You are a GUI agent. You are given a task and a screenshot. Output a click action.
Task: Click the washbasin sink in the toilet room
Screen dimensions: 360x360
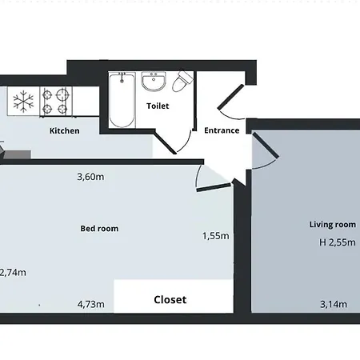[x=153, y=82]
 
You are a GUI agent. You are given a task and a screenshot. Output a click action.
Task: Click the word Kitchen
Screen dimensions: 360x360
[x=65, y=130]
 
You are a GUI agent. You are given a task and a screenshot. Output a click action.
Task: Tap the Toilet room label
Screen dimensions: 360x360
[x=157, y=106]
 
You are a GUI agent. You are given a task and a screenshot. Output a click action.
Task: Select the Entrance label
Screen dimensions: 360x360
[x=222, y=130]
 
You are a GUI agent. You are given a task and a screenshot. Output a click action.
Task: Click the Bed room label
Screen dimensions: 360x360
[x=99, y=229]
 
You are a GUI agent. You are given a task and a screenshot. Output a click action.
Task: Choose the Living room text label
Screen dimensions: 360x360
[x=332, y=225]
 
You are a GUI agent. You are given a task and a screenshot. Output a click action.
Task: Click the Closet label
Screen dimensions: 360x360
[x=170, y=300]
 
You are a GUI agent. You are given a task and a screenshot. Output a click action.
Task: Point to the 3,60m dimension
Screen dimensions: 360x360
[x=90, y=177]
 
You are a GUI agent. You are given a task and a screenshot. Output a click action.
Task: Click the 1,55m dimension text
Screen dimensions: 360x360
[x=215, y=236]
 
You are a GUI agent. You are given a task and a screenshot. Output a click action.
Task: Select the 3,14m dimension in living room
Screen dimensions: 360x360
[x=333, y=304]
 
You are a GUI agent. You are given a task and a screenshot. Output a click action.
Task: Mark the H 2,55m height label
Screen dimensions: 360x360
[x=331, y=242]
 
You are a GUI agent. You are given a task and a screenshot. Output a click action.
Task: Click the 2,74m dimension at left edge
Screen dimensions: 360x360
[x=13, y=272]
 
